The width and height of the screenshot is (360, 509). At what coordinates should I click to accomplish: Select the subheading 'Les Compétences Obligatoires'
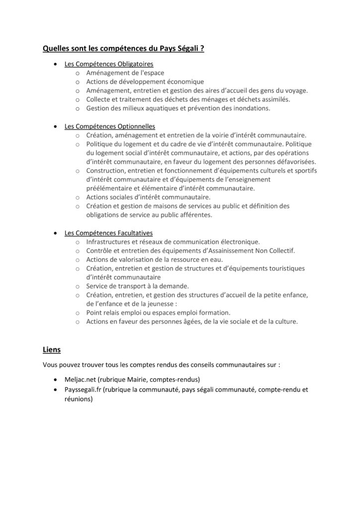109,64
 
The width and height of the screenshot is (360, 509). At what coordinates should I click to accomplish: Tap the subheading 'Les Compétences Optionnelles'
110,126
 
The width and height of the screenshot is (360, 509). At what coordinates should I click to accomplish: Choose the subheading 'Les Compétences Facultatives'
109,233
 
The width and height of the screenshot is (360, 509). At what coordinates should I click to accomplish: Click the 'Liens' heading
52,349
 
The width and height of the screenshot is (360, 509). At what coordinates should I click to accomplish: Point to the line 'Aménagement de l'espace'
122,73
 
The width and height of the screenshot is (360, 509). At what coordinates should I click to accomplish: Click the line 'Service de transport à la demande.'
137,286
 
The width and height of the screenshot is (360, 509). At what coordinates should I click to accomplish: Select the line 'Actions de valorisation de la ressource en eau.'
155,259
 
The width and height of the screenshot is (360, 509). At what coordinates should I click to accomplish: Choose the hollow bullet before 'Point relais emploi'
78,313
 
